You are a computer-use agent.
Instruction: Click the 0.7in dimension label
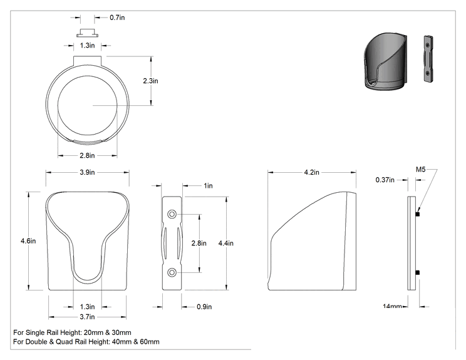pyautogui.click(x=117, y=18)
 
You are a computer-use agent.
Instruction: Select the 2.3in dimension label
pyautogui.click(x=150, y=81)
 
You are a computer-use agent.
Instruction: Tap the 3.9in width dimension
pyautogui.click(x=87, y=172)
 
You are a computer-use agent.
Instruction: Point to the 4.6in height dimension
pyautogui.click(x=28, y=241)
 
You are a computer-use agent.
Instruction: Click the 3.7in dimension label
pyautogui.click(x=87, y=317)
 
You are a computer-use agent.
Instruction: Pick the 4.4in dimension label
pyautogui.click(x=226, y=244)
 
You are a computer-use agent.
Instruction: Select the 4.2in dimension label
pyautogui.click(x=311, y=172)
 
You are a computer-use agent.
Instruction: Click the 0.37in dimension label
pyautogui.click(x=385, y=180)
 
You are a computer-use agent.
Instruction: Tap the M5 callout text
pyautogui.click(x=420, y=169)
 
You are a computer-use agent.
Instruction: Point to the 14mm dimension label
pyautogui.click(x=392, y=306)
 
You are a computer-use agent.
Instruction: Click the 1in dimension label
pyautogui.click(x=208, y=186)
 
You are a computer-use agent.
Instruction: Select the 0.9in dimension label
pyautogui.click(x=204, y=307)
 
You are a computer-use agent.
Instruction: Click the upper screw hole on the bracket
pyautogui.click(x=172, y=214)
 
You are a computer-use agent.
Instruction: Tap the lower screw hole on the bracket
pyautogui.click(x=172, y=272)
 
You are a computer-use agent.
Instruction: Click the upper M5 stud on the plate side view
pyautogui.click(x=417, y=214)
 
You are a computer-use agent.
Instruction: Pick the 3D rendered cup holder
pyautogui.click(x=385, y=61)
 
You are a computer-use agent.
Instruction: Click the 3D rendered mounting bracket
pyautogui.click(x=428, y=59)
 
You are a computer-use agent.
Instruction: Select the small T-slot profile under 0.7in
pyautogui.click(x=88, y=33)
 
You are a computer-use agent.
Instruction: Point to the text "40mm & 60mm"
pyautogui.click(x=135, y=342)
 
